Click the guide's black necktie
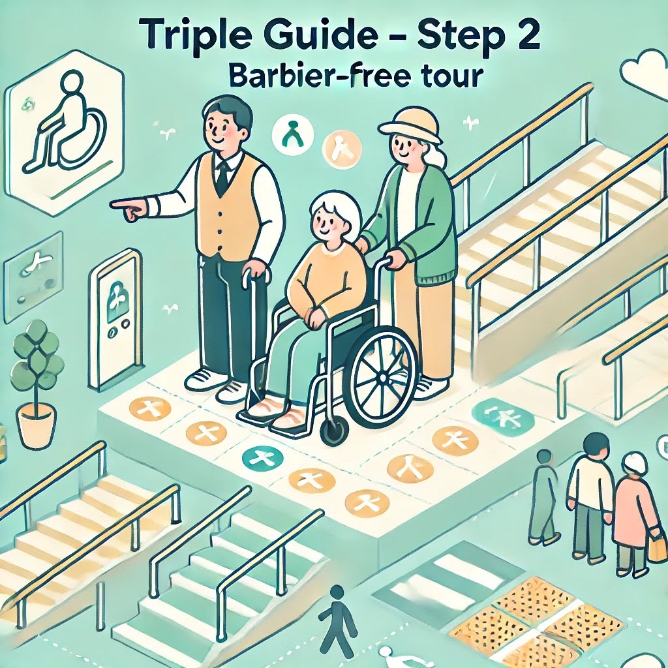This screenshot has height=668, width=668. coord(222,177)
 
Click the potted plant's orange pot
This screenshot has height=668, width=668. coord(37,425)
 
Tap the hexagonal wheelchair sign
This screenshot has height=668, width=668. coord(65,132)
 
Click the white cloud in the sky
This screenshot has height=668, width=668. coord(644,72)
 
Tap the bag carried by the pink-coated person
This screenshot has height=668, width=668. coord(658,547)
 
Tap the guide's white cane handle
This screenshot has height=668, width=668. coord(256,274)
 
